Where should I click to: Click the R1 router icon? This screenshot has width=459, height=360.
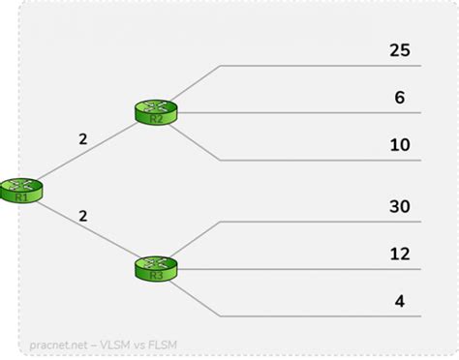click(x=21, y=189)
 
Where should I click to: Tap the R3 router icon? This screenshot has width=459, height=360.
click(x=154, y=267)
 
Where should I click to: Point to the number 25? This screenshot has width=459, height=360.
click(x=399, y=49)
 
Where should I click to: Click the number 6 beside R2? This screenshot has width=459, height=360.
click(x=399, y=97)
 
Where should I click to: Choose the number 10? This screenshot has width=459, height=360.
click(x=399, y=144)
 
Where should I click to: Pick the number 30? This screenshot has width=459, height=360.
click(x=399, y=205)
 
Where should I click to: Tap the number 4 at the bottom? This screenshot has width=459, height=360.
click(x=399, y=300)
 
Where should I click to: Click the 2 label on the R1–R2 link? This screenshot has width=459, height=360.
click(x=82, y=139)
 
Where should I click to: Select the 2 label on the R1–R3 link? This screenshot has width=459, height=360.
click(x=82, y=217)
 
